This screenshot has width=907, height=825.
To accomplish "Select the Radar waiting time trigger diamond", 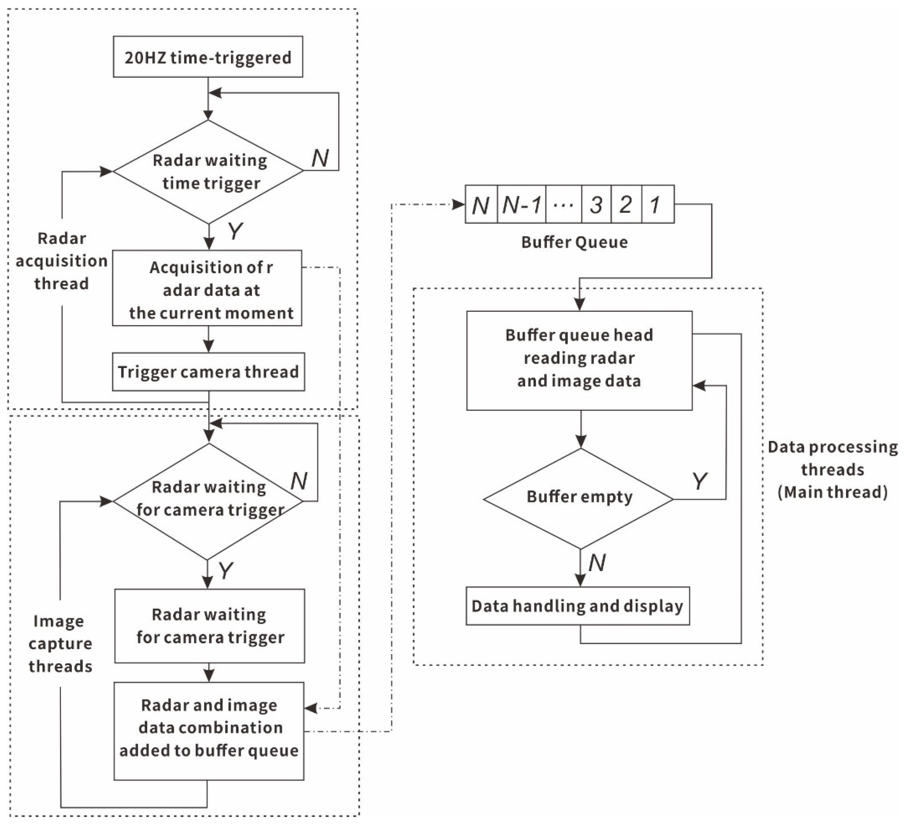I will point(208,171).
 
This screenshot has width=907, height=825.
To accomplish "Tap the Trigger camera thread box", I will point(208,372).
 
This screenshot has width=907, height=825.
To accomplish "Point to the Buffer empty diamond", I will point(579,498).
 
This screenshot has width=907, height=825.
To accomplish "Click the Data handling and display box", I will point(578,606).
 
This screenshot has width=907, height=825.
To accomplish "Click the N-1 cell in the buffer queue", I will point(522,205).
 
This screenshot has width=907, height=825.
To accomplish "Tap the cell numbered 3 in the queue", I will point(596,205).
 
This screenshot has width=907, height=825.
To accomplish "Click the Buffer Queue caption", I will point(575,242).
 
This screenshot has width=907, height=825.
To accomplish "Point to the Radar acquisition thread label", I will point(62,261).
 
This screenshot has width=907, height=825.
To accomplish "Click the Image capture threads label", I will point(60,643).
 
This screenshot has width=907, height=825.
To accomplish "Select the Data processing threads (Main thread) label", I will point(832,469).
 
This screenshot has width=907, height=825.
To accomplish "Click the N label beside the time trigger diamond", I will point(320,158).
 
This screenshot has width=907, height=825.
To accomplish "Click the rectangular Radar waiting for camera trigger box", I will point(210,626).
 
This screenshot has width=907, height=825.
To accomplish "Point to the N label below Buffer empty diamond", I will point(596,563).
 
